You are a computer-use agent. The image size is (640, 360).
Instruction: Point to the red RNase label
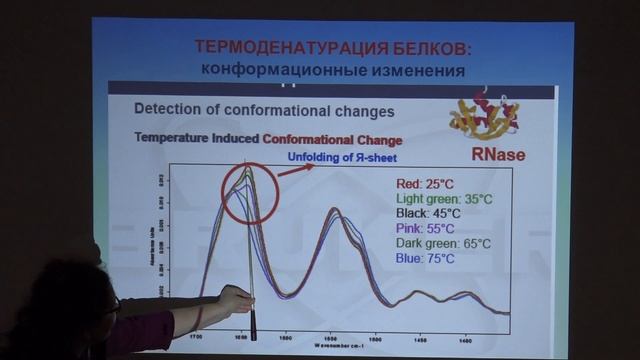[x=497, y=154]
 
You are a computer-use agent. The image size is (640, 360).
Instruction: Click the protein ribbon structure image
[x=484, y=116]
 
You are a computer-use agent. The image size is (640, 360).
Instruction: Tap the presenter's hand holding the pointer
[x=235, y=299]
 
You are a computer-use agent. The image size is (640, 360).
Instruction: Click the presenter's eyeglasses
[x=112, y=304]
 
